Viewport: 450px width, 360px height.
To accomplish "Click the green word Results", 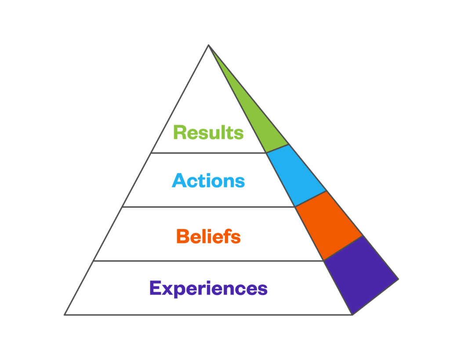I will tap(208, 132).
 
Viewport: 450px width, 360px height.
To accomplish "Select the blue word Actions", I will tap(208, 181).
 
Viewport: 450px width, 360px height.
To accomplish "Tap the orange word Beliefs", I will tap(208, 237).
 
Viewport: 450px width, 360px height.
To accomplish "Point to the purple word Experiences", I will tap(208, 288).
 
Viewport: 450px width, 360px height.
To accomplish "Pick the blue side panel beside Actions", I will tap(295, 175).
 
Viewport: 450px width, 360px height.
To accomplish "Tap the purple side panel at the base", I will tap(360, 275).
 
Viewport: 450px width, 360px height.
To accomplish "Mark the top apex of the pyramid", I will tap(208, 45).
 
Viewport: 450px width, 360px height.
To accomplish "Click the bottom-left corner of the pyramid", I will tap(65, 314).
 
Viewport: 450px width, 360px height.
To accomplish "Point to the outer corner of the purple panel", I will tap(398, 279).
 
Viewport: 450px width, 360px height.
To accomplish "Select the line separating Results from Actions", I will tap(208, 153).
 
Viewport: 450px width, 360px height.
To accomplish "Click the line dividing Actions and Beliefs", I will tap(208, 207).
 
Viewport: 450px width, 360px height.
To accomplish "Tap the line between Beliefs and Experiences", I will tap(208, 261).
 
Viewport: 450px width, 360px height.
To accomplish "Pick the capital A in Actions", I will tap(178, 181).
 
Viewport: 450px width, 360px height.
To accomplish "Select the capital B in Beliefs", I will tap(182, 237).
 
